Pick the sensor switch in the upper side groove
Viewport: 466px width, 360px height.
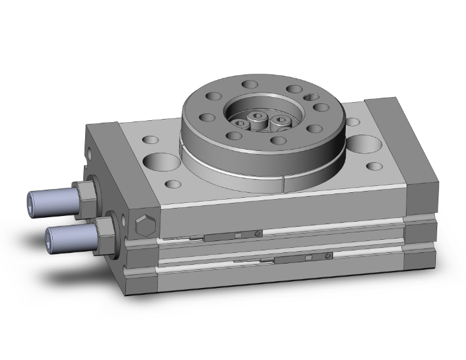[229, 235]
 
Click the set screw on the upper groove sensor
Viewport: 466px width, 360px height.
[258, 234]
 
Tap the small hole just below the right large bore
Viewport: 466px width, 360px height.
[375, 167]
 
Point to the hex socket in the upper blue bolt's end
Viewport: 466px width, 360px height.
[33, 201]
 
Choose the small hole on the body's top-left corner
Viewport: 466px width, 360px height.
[150, 141]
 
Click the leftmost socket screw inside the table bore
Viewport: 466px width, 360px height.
[241, 124]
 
